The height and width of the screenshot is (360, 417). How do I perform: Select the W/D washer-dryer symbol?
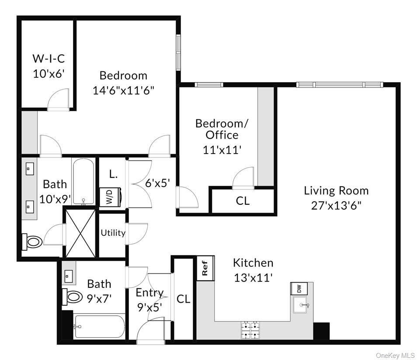point(107,196)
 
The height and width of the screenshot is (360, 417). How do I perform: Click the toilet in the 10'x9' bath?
point(32,240)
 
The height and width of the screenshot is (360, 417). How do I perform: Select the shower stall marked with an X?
point(80,233)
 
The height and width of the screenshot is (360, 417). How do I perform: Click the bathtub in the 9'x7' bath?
point(99,327)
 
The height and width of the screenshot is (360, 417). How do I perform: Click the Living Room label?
point(336,191)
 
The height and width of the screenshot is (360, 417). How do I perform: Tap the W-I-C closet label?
point(49,59)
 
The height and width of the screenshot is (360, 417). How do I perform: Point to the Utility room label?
point(113,233)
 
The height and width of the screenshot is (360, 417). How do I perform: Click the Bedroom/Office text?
point(222,129)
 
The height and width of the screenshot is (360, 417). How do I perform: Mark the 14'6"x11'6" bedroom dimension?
point(123,90)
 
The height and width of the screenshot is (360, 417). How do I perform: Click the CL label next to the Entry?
point(184,299)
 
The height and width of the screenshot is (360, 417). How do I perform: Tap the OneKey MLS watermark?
point(395,355)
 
